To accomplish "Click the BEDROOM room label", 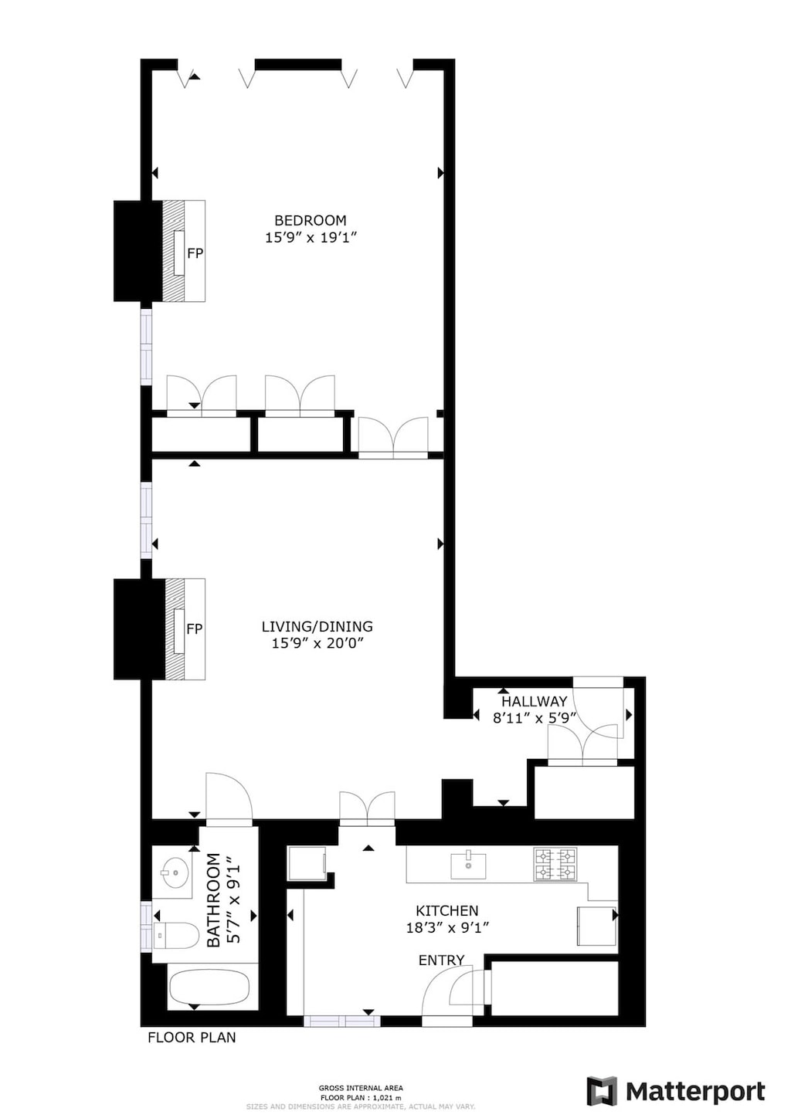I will [x=311, y=221].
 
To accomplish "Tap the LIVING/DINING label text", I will [x=317, y=627].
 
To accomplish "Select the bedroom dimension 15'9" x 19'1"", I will [x=311, y=238].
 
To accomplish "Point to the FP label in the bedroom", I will [x=195, y=253].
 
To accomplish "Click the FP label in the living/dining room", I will [x=195, y=629].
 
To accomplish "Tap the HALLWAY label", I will [x=535, y=702].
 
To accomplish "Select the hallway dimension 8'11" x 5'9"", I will [x=535, y=718].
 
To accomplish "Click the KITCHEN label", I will [x=447, y=911].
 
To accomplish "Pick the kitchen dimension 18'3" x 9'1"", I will [x=447, y=928].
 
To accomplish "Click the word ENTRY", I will [x=442, y=960].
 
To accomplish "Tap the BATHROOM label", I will [x=214, y=899].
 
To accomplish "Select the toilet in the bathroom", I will [x=175, y=935].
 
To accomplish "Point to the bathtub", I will [x=209, y=987].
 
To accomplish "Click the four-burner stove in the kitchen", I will [x=555, y=865].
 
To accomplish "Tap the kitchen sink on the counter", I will [x=468, y=866].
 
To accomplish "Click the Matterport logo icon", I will [x=602, y=1091].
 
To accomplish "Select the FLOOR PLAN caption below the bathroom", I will [x=192, y=1038].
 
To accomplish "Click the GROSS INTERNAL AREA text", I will [x=361, y=1088].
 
